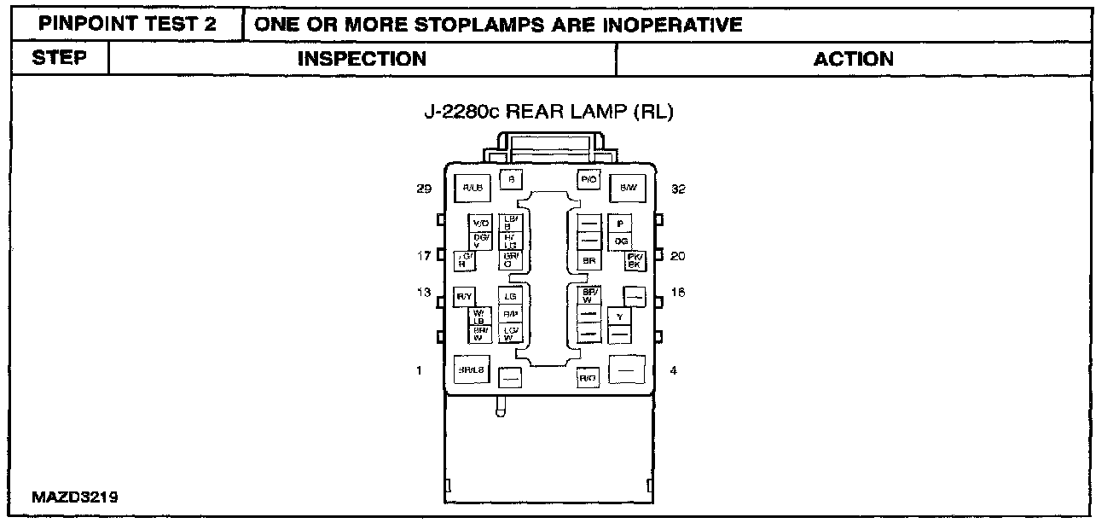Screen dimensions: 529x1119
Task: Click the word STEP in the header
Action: pos(59,59)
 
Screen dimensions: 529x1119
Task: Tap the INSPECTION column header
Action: pos(362,59)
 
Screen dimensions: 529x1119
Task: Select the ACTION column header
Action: pos(853,59)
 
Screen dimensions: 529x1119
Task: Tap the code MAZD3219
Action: pos(75,497)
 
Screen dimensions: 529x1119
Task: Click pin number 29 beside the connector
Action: pos(423,189)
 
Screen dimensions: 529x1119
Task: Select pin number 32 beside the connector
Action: pos(679,189)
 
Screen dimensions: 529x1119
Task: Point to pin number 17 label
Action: pos(423,255)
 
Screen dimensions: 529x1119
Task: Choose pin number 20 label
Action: pos(678,255)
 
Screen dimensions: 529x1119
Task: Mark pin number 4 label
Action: pos(674,370)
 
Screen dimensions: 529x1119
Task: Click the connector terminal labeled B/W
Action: pos(629,188)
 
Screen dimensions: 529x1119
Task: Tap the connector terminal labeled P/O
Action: pos(588,179)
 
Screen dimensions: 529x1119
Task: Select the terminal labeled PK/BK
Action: pos(634,260)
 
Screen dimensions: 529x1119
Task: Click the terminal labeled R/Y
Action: pos(465,297)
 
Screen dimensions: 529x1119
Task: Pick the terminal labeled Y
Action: pos(619,317)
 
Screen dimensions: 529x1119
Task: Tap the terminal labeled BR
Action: pos(588,260)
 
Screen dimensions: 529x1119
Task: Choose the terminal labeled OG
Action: pos(620,241)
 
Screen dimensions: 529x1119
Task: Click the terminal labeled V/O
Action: pos(480,223)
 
